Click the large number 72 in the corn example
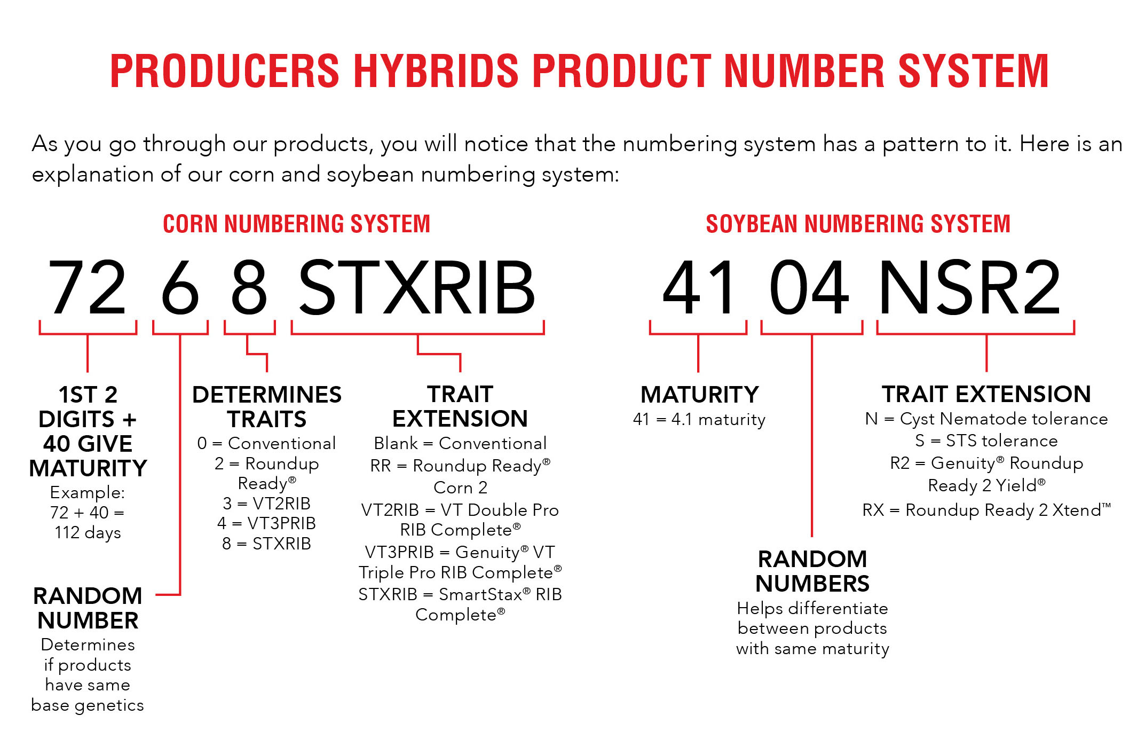click(87, 287)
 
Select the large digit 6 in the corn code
click(180, 287)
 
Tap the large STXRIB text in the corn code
click(417, 287)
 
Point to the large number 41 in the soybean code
click(699, 287)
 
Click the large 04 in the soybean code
click(809, 287)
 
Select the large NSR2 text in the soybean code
click(969, 287)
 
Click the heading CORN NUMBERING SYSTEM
click(296, 224)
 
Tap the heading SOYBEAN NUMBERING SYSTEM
click(858, 224)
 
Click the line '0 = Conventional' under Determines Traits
click(266, 443)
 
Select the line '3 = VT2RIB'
click(266, 503)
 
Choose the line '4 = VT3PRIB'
click(266, 523)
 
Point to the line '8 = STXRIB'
click(266, 544)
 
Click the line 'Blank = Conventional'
click(460, 443)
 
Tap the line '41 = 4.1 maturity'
click(699, 420)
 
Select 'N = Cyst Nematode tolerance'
click(986, 419)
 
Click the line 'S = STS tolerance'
click(986, 441)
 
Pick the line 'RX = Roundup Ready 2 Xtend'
click(986, 510)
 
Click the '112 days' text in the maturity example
click(88, 533)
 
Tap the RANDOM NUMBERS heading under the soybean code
click(812, 571)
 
